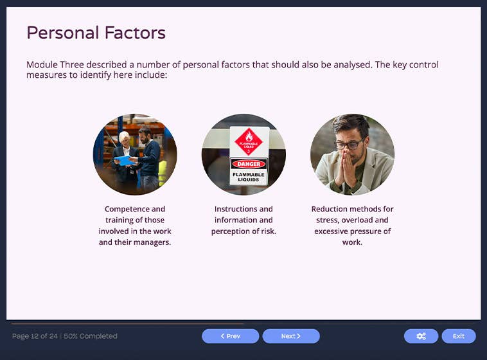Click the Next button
point(291,336)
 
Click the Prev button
point(230,336)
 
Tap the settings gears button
point(421,336)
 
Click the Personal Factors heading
point(96,33)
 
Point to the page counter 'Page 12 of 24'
point(35,336)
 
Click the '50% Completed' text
point(91,336)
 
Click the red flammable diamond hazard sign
point(249,142)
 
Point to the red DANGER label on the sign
point(249,164)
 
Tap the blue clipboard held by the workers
point(125,159)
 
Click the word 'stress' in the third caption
point(325,220)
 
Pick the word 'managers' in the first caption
point(154,242)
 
